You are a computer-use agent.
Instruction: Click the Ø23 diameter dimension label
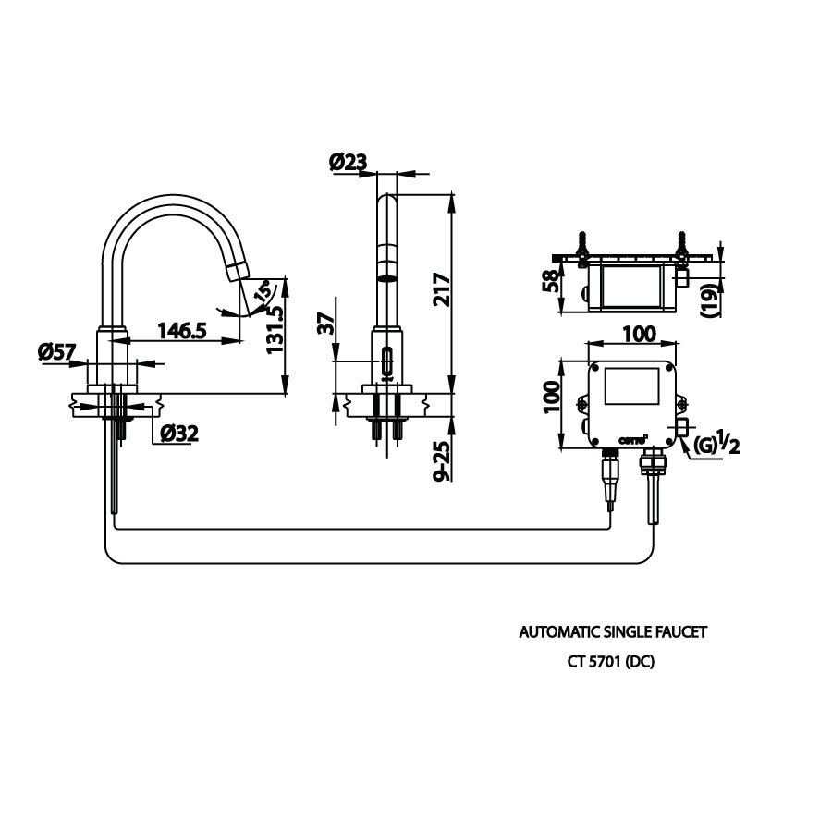click(348, 163)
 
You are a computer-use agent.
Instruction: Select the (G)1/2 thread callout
click(714, 445)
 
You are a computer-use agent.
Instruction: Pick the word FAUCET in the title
click(681, 633)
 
